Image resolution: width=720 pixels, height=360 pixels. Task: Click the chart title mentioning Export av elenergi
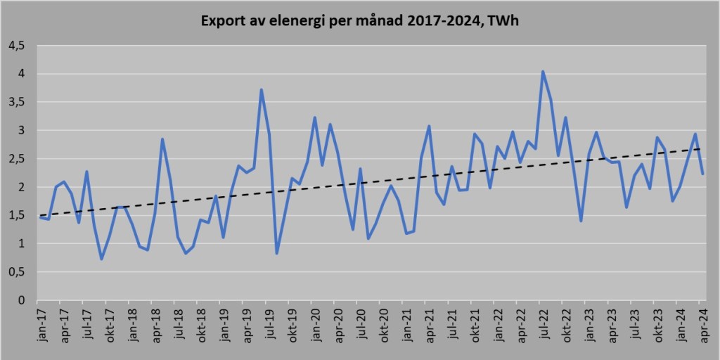(360, 21)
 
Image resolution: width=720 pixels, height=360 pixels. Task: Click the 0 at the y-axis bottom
(21, 300)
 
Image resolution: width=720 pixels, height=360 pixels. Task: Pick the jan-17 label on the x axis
(41, 326)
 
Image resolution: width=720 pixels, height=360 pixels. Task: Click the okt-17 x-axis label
(109, 326)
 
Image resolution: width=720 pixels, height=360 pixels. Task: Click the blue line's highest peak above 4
(543, 71)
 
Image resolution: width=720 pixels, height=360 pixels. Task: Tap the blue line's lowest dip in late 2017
(102, 259)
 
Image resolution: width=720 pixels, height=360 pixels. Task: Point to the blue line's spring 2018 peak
(162, 139)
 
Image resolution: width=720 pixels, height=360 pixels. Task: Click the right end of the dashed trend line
(701, 148)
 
